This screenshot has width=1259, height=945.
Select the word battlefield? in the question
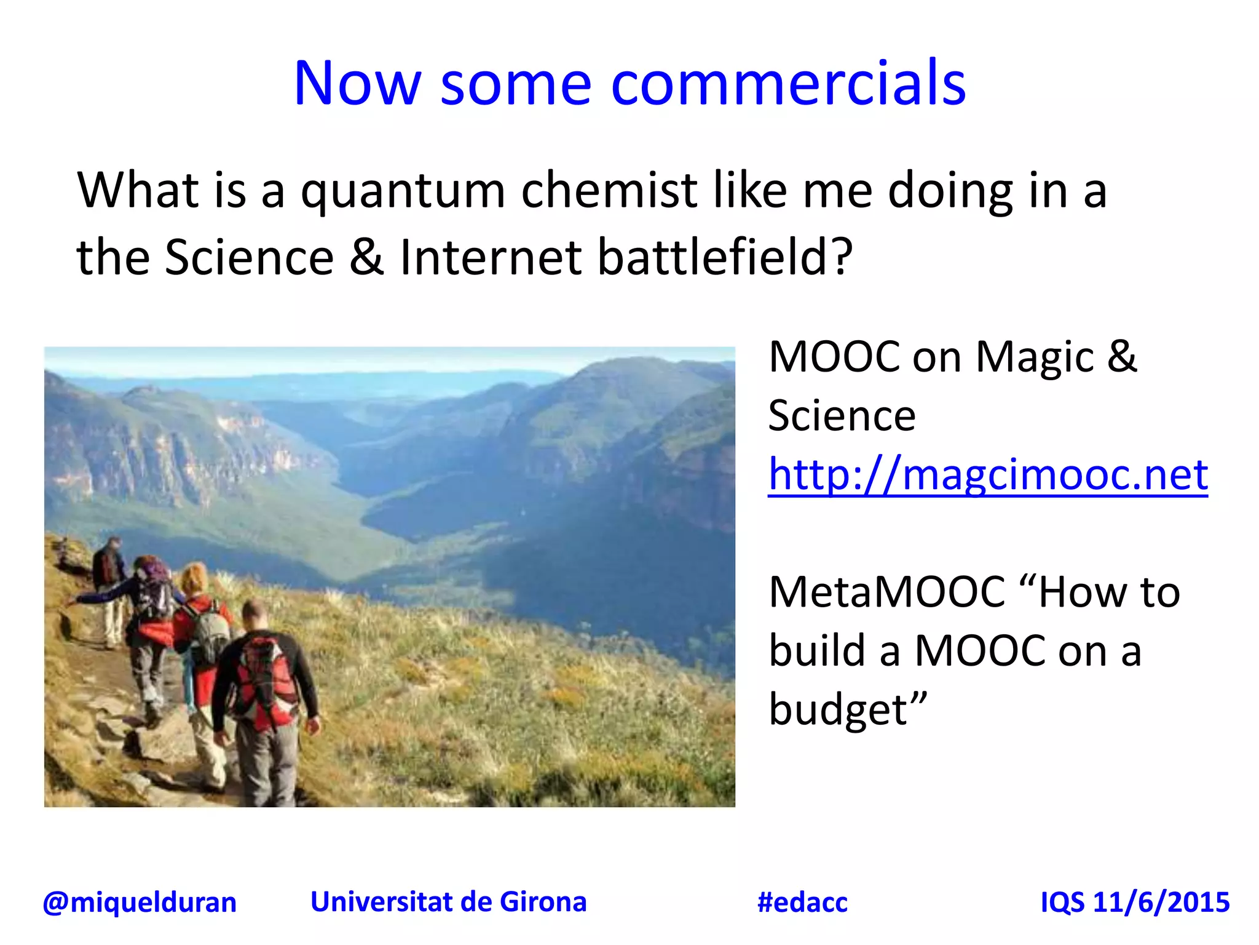pos(725,257)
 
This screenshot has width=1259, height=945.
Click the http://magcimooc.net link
pos(988,475)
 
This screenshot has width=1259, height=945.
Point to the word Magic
pos(1035,357)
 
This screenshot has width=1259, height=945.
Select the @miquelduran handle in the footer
pos(140,903)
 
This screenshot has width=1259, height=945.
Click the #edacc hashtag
pos(802,903)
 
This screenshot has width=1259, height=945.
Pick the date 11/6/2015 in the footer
pos(1161,903)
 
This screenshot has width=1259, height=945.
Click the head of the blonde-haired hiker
pos(194,578)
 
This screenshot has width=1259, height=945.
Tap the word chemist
pos(609,191)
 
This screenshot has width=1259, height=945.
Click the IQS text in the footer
pos(1062,903)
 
